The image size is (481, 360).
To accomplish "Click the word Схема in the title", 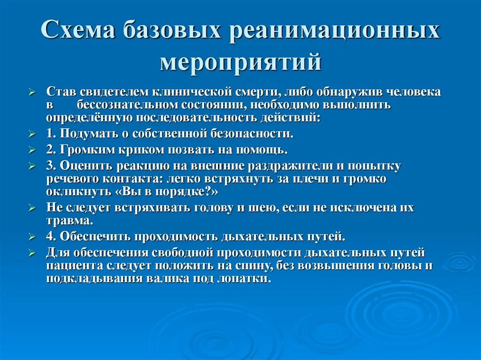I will point(79,32).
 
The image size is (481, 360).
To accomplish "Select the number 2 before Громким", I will point(50,150).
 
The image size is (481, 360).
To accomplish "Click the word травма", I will point(72,220).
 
